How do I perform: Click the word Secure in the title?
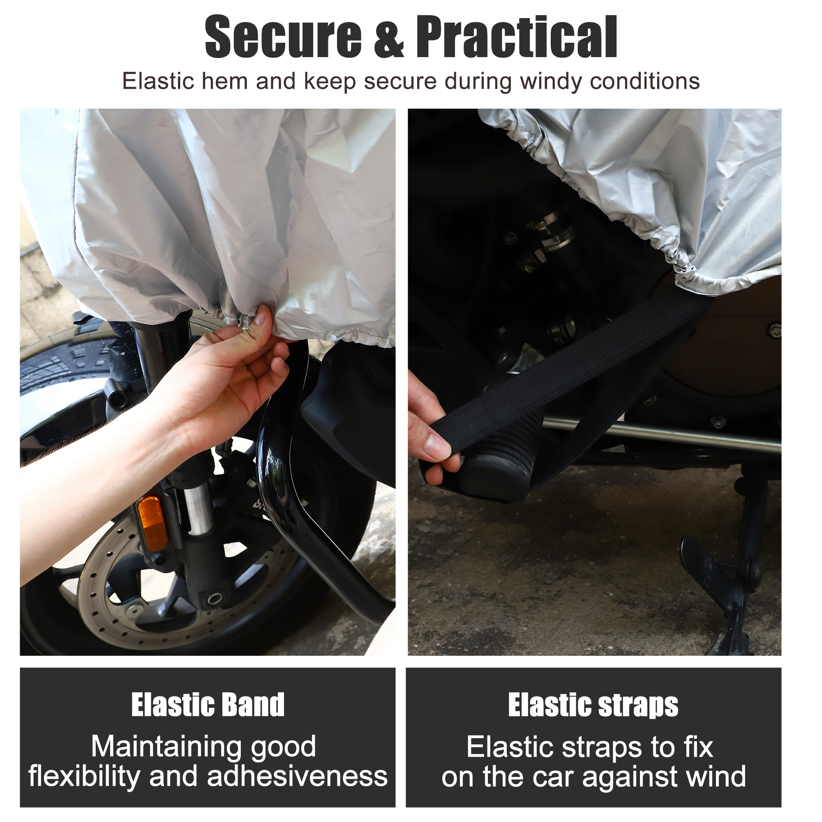(283, 37)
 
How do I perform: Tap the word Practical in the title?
(517, 37)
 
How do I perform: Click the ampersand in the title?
(388, 37)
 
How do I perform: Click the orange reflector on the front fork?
(152, 523)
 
